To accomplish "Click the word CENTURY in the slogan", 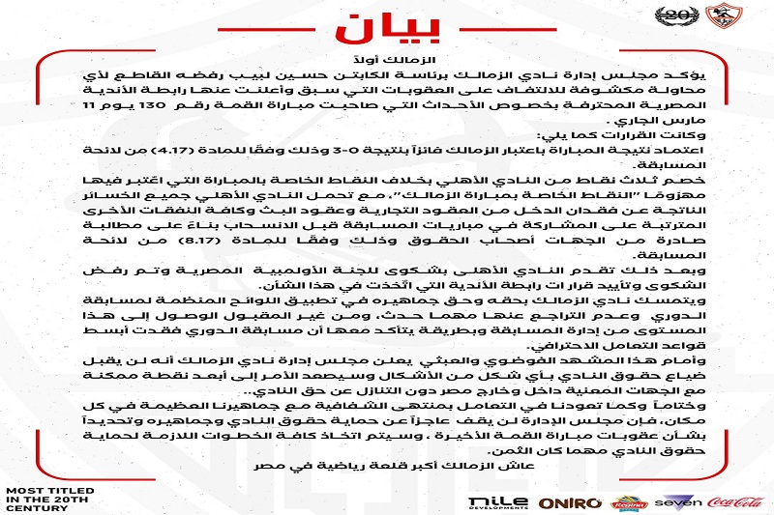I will [31, 508].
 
